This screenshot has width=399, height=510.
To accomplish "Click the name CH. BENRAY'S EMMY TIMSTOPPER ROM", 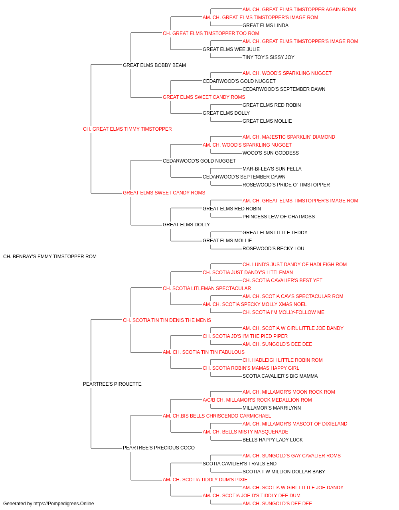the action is [50, 257].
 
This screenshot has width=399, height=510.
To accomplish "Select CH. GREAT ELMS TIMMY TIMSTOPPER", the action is [127, 129].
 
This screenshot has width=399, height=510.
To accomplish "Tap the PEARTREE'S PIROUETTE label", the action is [112, 384].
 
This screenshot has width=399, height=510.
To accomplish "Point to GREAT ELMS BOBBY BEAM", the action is [154, 65].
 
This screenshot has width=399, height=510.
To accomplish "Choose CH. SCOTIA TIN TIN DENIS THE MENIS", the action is [167, 320].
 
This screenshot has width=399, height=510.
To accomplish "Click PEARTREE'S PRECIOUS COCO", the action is [159, 448].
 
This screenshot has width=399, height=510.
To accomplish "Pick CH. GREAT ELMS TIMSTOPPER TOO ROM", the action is [211, 33].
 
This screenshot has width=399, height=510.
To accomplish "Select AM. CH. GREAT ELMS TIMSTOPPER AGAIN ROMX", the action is [299, 10].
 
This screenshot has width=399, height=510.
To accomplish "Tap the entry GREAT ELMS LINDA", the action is [265, 25].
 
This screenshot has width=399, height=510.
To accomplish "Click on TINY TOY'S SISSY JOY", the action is [269, 57].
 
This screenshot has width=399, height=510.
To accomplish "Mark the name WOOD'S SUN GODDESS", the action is [271, 153].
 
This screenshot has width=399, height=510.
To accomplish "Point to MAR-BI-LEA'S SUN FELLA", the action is [272, 169].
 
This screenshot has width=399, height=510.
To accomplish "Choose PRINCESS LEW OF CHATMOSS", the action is [279, 217].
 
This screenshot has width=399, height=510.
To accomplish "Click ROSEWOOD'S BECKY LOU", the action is [273, 249].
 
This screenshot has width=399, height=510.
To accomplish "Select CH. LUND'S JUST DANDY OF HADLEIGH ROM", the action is [294, 265].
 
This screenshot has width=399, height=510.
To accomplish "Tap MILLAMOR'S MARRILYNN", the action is [272, 408].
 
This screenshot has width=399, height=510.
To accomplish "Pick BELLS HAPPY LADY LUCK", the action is [273, 440].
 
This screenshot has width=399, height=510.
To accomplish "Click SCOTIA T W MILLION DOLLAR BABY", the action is [284, 472].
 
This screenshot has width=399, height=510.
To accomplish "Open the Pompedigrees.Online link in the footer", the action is [63, 504].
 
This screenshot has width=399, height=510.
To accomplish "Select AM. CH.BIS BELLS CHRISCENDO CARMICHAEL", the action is [217, 416].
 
